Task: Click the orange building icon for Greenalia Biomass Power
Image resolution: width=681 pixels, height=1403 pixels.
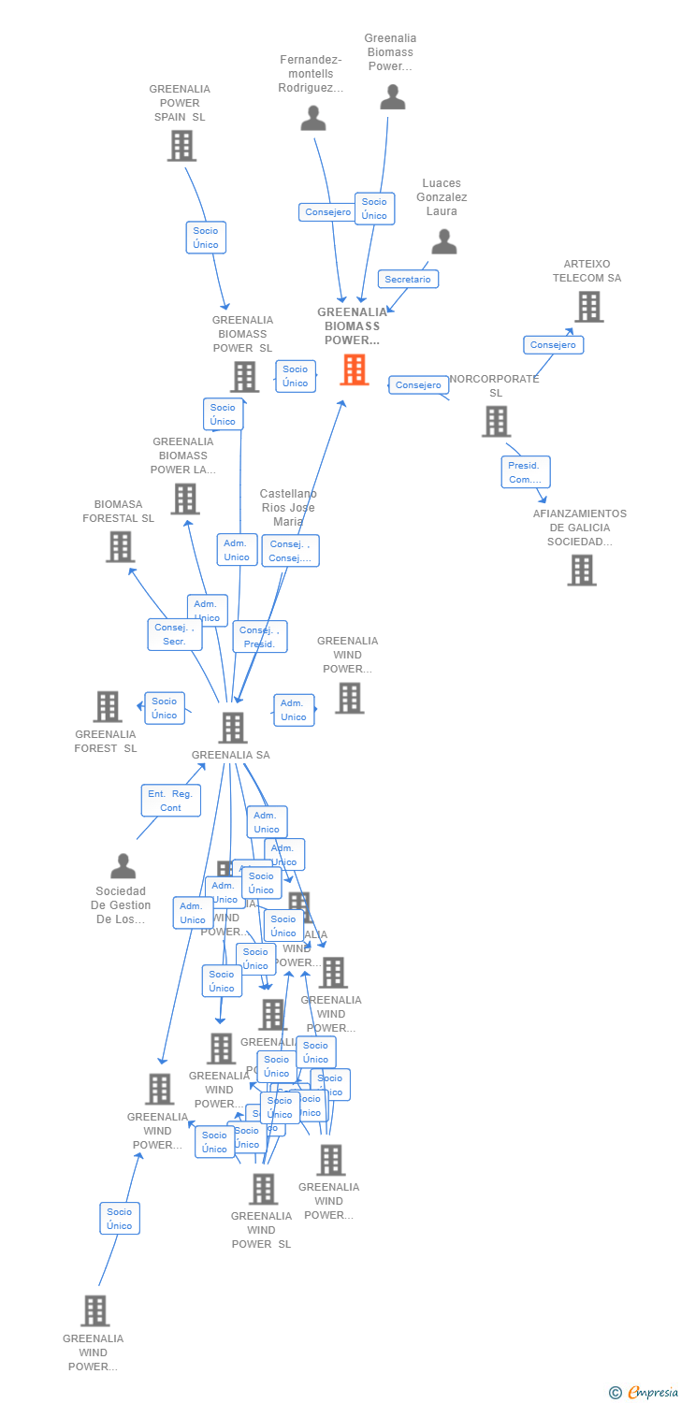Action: point(354,369)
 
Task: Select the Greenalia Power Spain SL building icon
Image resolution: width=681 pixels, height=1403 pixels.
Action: point(181,146)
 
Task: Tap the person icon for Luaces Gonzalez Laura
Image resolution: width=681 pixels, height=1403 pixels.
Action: point(443,241)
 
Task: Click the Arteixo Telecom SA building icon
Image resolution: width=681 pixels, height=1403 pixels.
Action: point(588,307)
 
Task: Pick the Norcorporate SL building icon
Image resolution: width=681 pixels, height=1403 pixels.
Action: point(496,421)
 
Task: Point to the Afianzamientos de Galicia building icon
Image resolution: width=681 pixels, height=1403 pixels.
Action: point(581,570)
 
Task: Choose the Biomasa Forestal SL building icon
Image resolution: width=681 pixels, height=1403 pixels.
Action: point(121,546)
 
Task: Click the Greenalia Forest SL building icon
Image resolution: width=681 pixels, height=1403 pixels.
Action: point(108,706)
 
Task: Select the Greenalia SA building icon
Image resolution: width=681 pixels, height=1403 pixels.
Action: point(232,727)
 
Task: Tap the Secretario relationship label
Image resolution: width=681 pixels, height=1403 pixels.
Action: point(408,279)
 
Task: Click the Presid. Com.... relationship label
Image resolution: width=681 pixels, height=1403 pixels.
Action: point(525,472)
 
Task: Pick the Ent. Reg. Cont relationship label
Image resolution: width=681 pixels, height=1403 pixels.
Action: point(170,801)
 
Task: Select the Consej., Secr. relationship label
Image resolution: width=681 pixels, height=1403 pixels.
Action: point(175,634)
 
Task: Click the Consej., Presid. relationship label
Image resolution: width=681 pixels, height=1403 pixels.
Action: point(259,637)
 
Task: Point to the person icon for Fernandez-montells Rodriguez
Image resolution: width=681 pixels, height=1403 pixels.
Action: point(313,118)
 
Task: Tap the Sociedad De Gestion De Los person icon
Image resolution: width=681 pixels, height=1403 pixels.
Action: point(123,866)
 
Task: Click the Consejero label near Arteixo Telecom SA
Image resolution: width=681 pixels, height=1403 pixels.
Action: point(553,345)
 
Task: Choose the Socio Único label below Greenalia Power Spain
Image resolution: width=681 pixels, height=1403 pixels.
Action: point(206,238)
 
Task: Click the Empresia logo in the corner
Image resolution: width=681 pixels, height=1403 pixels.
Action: point(645,1393)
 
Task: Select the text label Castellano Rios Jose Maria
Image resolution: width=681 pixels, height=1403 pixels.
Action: point(288,508)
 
